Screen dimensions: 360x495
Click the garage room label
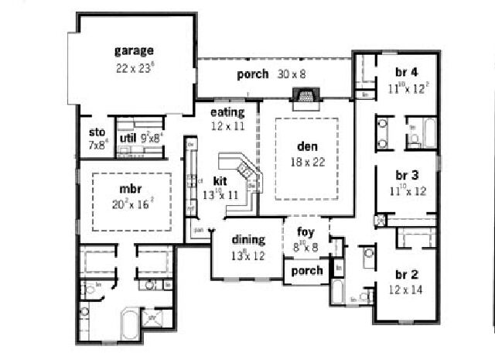[134, 51]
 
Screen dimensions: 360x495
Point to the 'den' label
[307, 146]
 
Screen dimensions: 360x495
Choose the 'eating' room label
[227, 112]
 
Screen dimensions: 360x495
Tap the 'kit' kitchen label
[220, 180]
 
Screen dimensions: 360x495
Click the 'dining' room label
[247, 239]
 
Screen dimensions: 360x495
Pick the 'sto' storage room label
[97, 132]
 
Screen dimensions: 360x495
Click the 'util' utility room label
[128, 139]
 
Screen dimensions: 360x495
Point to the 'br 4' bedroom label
[407, 73]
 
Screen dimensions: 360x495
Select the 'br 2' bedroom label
[406, 275]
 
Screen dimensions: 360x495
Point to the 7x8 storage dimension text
[97, 144]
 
